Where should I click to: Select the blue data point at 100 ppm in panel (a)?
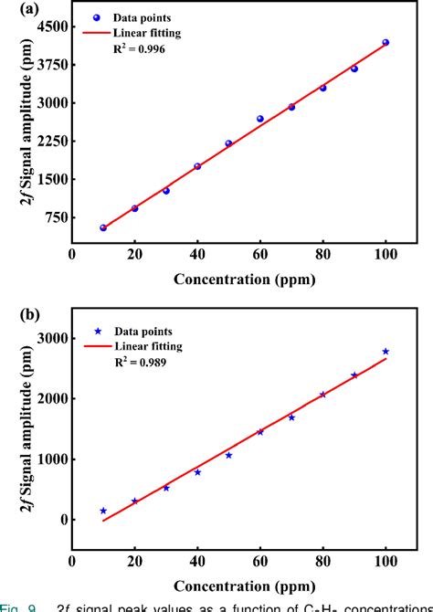(385, 42)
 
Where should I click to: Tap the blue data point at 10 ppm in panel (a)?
(103, 227)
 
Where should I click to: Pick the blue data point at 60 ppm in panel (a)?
(260, 119)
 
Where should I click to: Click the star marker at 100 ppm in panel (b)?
(385, 352)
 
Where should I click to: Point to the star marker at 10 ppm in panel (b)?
(103, 511)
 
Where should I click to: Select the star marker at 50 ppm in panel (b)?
(228, 455)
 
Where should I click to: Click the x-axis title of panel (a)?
(244, 280)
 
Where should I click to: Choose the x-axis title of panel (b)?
(244, 585)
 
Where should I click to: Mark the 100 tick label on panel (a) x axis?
(385, 257)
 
